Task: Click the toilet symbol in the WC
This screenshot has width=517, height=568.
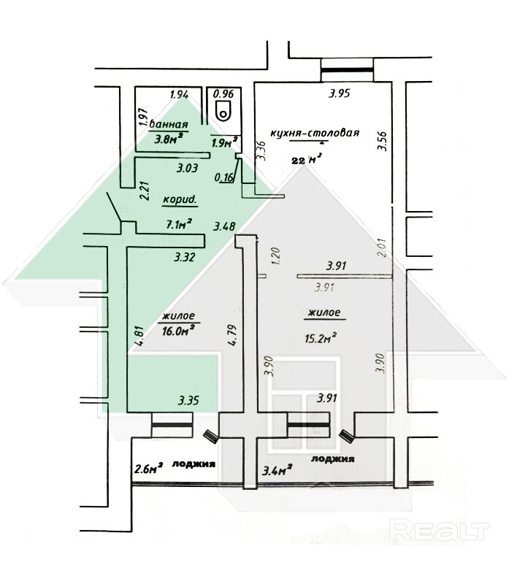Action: click(x=223, y=112)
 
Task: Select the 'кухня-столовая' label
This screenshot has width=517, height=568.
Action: click(x=315, y=133)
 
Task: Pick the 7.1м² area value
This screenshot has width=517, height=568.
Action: click(x=179, y=223)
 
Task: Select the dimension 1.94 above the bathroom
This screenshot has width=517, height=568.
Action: click(x=180, y=93)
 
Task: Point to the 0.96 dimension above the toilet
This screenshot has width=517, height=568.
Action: click(x=223, y=93)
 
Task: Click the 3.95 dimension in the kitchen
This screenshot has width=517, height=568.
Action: click(x=340, y=93)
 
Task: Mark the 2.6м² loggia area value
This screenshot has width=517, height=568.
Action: click(x=148, y=469)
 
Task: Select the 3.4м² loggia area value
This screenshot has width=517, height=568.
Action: click(x=278, y=468)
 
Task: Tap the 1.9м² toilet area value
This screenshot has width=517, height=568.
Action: click(x=221, y=143)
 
